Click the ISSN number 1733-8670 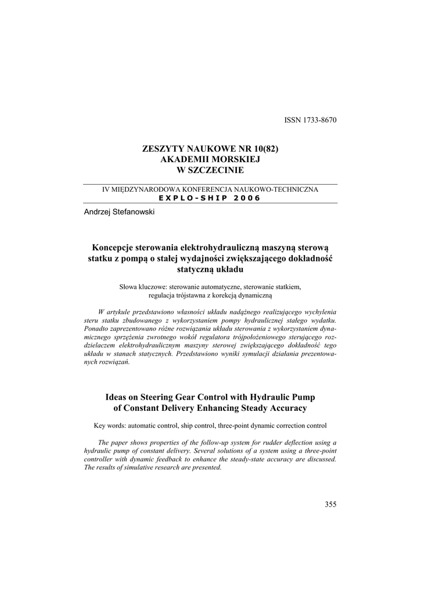pos(319,120)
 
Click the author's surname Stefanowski pos(132,213)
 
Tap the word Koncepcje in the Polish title pos(113,248)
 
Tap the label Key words pos(109,425)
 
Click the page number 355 pos(330,504)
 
